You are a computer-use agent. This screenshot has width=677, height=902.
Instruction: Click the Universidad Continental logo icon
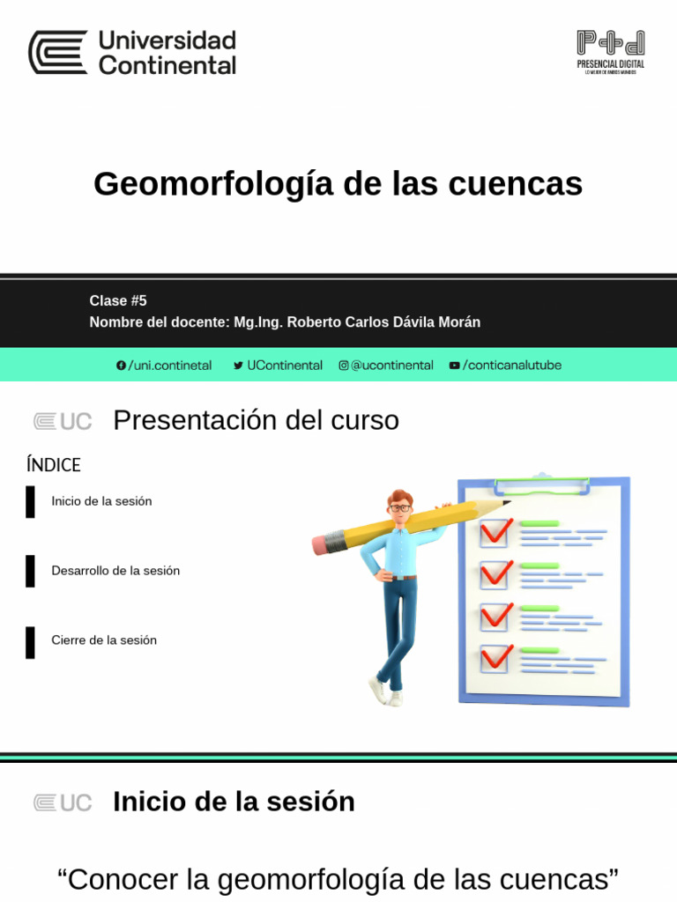[57, 52]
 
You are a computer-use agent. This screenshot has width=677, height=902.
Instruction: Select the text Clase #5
[118, 301]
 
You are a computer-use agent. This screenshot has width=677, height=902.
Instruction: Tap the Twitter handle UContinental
[284, 366]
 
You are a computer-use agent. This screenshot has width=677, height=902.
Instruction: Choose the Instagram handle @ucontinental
[391, 366]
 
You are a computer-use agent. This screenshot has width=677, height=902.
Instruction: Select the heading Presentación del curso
[256, 421]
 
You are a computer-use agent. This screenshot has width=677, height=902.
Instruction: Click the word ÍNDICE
[54, 465]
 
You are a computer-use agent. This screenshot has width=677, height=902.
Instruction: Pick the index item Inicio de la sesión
[101, 501]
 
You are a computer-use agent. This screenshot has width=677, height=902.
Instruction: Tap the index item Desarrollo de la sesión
[115, 571]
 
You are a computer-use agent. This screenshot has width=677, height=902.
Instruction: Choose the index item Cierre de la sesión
[104, 640]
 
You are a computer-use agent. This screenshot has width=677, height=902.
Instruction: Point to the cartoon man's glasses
[400, 508]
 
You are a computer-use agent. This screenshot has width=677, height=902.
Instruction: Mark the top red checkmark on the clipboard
[496, 531]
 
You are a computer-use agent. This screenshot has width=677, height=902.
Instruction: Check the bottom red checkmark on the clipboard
[496, 657]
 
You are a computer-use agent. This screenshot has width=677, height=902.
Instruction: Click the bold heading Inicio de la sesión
[234, 802]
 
